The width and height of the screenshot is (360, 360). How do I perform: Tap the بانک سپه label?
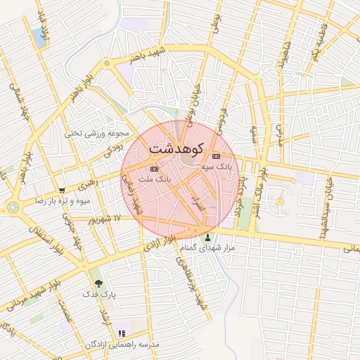click(x=216, y=167)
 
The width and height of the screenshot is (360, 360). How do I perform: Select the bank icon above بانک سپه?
click(x=215, y=156)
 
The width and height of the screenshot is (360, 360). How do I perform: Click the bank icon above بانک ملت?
click(x=154, y=169)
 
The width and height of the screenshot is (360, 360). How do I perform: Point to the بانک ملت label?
click(x=155, y=180)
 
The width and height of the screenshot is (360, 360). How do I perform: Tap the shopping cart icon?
click(x=62, y=190)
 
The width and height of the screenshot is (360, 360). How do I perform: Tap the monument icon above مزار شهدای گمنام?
click(x=207, y=237)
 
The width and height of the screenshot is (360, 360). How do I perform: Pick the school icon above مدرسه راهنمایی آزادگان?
click(x=122, y=333)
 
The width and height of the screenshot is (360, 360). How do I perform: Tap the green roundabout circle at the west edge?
click(x=13, y=207)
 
